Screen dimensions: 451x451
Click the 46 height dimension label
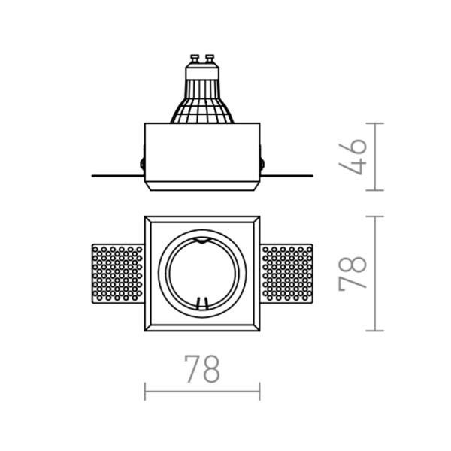point(353,157)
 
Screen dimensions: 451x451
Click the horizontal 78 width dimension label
point(202,369)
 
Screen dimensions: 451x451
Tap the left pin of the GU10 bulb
point(195,59)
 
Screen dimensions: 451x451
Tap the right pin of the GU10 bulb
point(210,59)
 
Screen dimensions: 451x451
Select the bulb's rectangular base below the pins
point(202,72)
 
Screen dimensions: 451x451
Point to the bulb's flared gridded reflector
point(202,101)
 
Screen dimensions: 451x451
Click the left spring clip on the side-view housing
point(142,163)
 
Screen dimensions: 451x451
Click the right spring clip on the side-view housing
point(262,163)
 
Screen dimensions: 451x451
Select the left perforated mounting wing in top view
point(118,274)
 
